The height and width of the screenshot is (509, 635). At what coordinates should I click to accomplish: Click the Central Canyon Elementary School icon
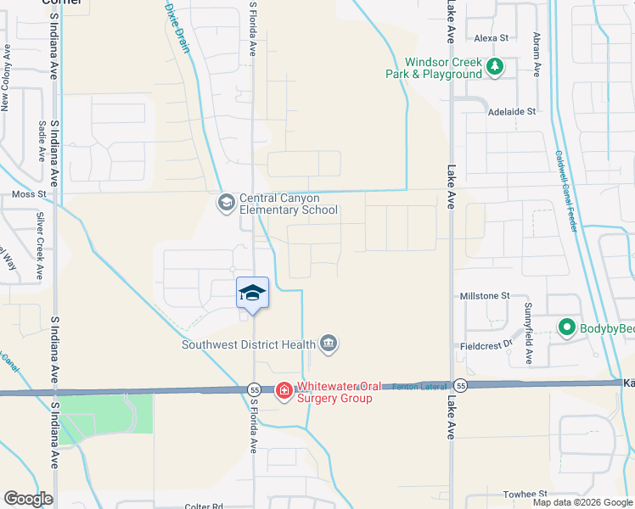point(226,202)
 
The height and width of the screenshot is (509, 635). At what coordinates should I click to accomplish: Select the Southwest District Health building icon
point(329,344)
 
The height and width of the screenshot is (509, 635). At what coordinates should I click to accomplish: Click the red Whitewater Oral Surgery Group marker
point(284,390)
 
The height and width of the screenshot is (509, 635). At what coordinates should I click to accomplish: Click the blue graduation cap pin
point(252,294)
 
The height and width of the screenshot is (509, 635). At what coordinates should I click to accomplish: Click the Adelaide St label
point(512,111)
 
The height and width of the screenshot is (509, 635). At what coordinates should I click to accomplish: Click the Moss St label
point(28,195)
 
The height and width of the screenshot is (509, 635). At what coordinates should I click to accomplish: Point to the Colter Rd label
point(204,506)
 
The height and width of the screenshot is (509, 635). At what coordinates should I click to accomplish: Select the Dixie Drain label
point(176,26)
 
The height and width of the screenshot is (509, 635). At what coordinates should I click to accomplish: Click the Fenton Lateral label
point(419,387)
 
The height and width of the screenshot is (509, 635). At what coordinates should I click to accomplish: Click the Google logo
point(28,498)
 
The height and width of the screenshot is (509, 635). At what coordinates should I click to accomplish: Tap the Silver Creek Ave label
point(40,247)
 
